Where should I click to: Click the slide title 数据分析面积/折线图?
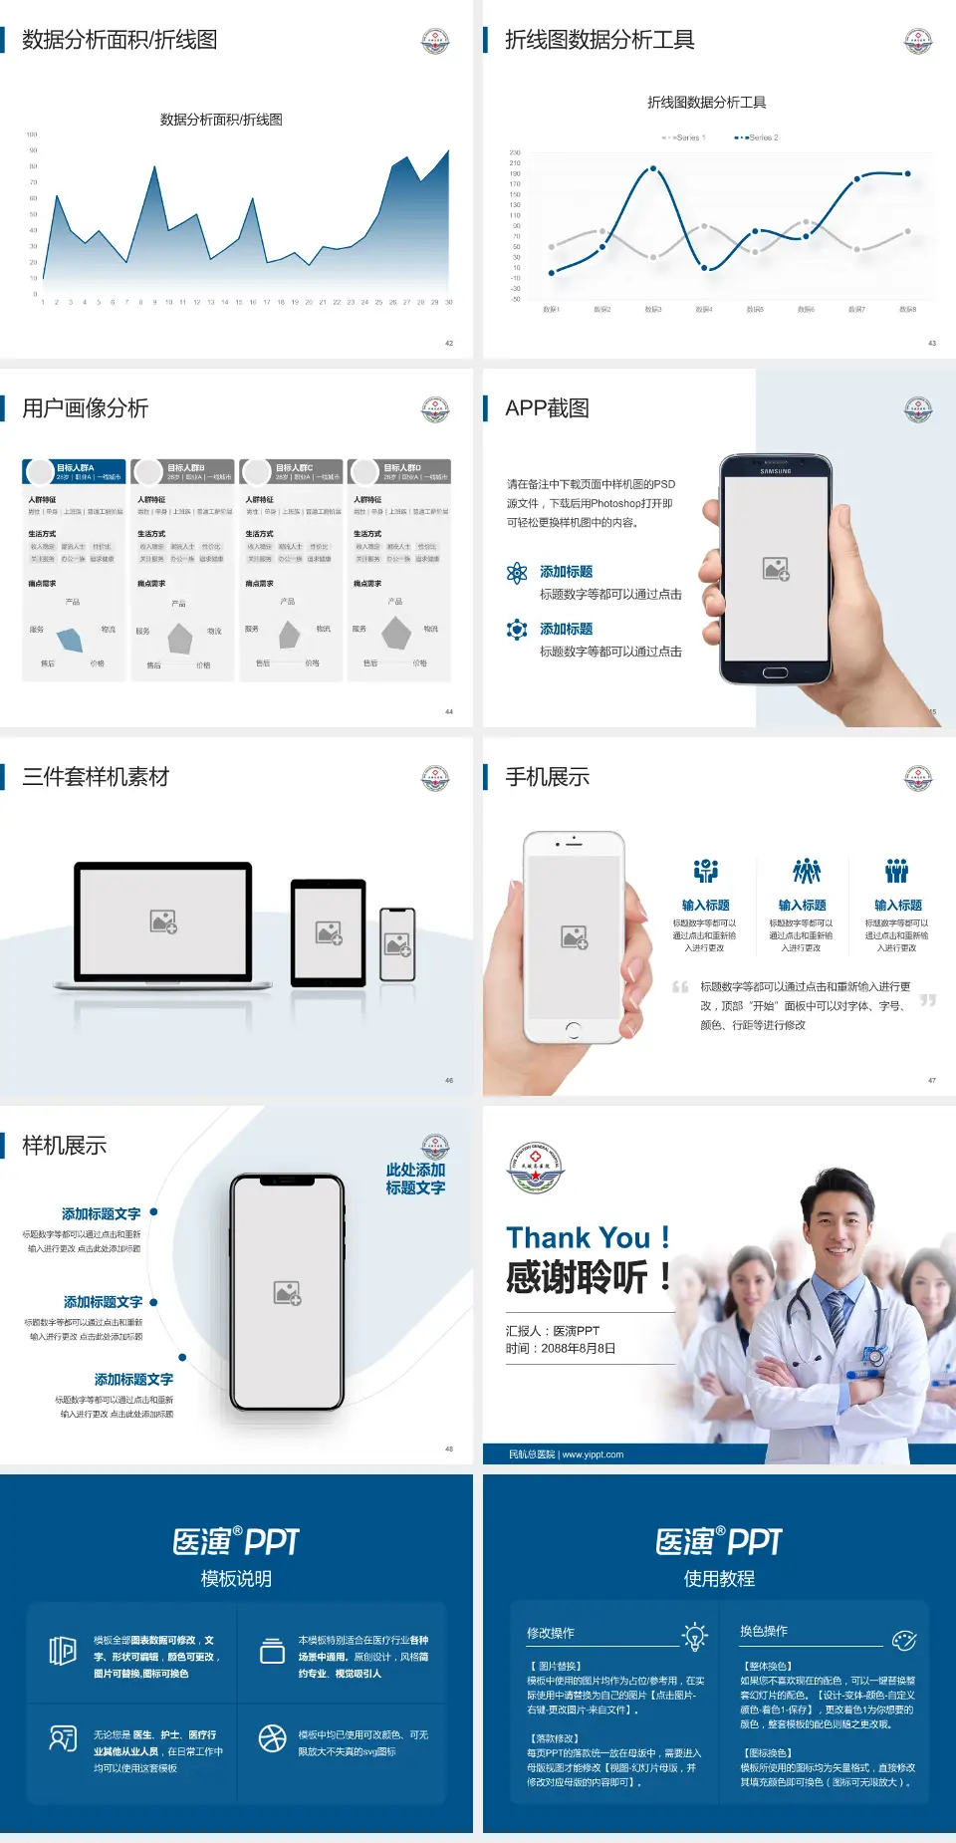click(x=119, y=40)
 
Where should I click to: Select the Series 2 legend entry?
click(x=758, y=137)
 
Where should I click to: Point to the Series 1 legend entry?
click(x=684, y=137)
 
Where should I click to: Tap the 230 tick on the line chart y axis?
click(x=515, y=152)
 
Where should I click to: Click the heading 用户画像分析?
click(x=86, y=408)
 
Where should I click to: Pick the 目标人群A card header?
click(x=75, y=471)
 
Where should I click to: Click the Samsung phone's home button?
click(x=775, y=672)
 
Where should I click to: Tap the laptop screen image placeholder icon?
click(x=163, y=921)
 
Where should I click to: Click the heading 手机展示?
click(x=547, y=777)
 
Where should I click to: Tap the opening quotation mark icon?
click(x=680, y=987)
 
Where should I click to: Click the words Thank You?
click(x=578, y=1238)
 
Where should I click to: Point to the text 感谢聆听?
click(x=577, y=1277)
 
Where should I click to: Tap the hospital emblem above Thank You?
click(x=536, y=1169)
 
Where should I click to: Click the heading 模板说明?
click(x=236, y=1579)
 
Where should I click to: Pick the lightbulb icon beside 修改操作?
click(x=694, y=1636)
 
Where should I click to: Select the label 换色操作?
click(x=764, y=1632)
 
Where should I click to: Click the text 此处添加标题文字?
click(x=415, y=1179)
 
